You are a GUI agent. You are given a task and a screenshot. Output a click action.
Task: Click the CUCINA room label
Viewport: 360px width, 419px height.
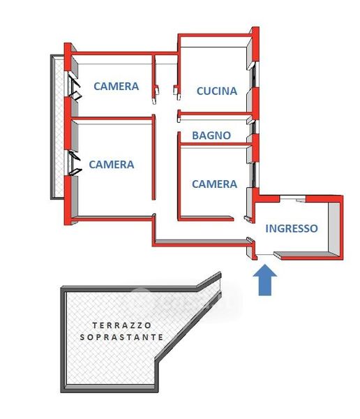coord(216,91)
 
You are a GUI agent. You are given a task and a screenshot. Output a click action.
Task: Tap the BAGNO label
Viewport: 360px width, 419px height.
coord(211,135)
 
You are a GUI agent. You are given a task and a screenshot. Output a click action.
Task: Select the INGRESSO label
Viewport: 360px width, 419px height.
coord(292,228)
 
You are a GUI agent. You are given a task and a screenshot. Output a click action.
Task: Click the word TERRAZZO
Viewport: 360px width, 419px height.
coord(122,325)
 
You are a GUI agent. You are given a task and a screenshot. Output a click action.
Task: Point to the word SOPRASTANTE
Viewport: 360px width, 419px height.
coord(121,337)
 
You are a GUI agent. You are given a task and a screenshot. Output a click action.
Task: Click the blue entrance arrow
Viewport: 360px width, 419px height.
coord(264,280)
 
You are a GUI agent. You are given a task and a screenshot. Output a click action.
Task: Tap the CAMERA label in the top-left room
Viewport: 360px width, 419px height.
coord(117,87)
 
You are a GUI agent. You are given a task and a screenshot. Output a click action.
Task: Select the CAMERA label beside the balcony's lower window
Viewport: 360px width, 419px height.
coord(112,164)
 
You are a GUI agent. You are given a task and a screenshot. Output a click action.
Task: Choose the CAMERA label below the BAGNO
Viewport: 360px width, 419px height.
coord(214,184)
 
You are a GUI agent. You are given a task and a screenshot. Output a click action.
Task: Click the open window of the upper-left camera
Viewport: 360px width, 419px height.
coord(73,85)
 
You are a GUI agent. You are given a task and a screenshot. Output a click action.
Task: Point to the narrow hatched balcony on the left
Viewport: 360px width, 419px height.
coord(58,127)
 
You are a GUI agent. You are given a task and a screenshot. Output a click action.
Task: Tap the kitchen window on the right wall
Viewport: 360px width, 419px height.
coord(254,75)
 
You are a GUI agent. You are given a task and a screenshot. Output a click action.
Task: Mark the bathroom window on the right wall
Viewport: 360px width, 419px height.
coord(255,128)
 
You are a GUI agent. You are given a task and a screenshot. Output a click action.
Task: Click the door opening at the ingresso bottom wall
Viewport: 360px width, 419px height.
coord(265,254)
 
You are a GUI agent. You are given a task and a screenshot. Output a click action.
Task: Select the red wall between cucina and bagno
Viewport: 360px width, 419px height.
coord(216,114)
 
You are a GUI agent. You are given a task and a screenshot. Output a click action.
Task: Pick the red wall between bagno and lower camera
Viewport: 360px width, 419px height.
coord(216,145)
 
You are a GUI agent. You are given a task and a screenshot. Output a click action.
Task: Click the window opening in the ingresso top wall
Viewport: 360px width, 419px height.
coord(292,198)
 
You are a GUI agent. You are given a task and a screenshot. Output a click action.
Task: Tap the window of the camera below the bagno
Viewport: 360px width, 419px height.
coord(255,175)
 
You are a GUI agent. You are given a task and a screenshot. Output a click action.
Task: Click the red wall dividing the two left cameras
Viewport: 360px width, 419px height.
coord(112,118)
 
